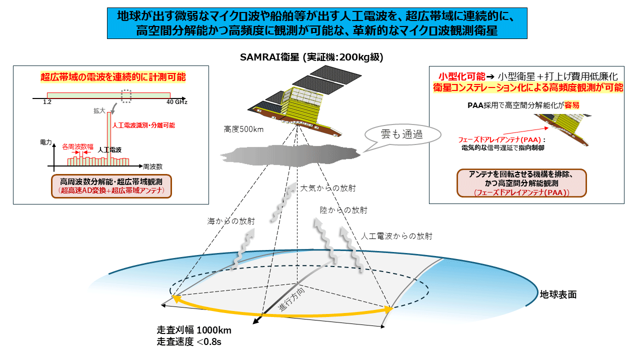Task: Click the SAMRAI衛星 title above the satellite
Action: pyautogui.click(x=311, y=57)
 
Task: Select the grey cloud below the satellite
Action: pyautogui.click(x=290, y=155)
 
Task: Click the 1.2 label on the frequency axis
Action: pyautogui.click(x=47, y=102)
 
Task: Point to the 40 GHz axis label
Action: pyautogui.click(x=177, y=102)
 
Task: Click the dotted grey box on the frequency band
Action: pyautogui.click(x=126, y=96)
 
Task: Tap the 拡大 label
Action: pyautogui.click(x=99, y=111)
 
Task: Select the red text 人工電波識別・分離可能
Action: pyautogui.click(x=143, y=125)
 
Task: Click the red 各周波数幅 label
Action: pyautogui.click(x=77, y=147)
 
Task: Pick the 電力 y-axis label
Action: pyautogui.click(x=45, y=142)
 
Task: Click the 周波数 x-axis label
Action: pyautogui.click(x=152, y=166)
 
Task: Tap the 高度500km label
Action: pyautogui.click(x=243, y=129)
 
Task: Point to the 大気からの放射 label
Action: pyautogui.click(x=327, y=188)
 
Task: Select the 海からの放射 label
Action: pyautogui.click(x=231, y=221)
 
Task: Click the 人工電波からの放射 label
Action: pyautogui.click(x=396, y=236)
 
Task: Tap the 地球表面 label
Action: pyautogui.click(x=558, y=294)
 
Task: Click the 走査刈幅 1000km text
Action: pyautogui.click(x=194, y=330)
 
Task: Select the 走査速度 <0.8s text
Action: pyautogui.click(x=189, y=341)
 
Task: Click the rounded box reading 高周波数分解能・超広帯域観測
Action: pyautogui.click(x=111, y=186)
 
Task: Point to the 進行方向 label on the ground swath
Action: pyautogui.click(x=291, y=299)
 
